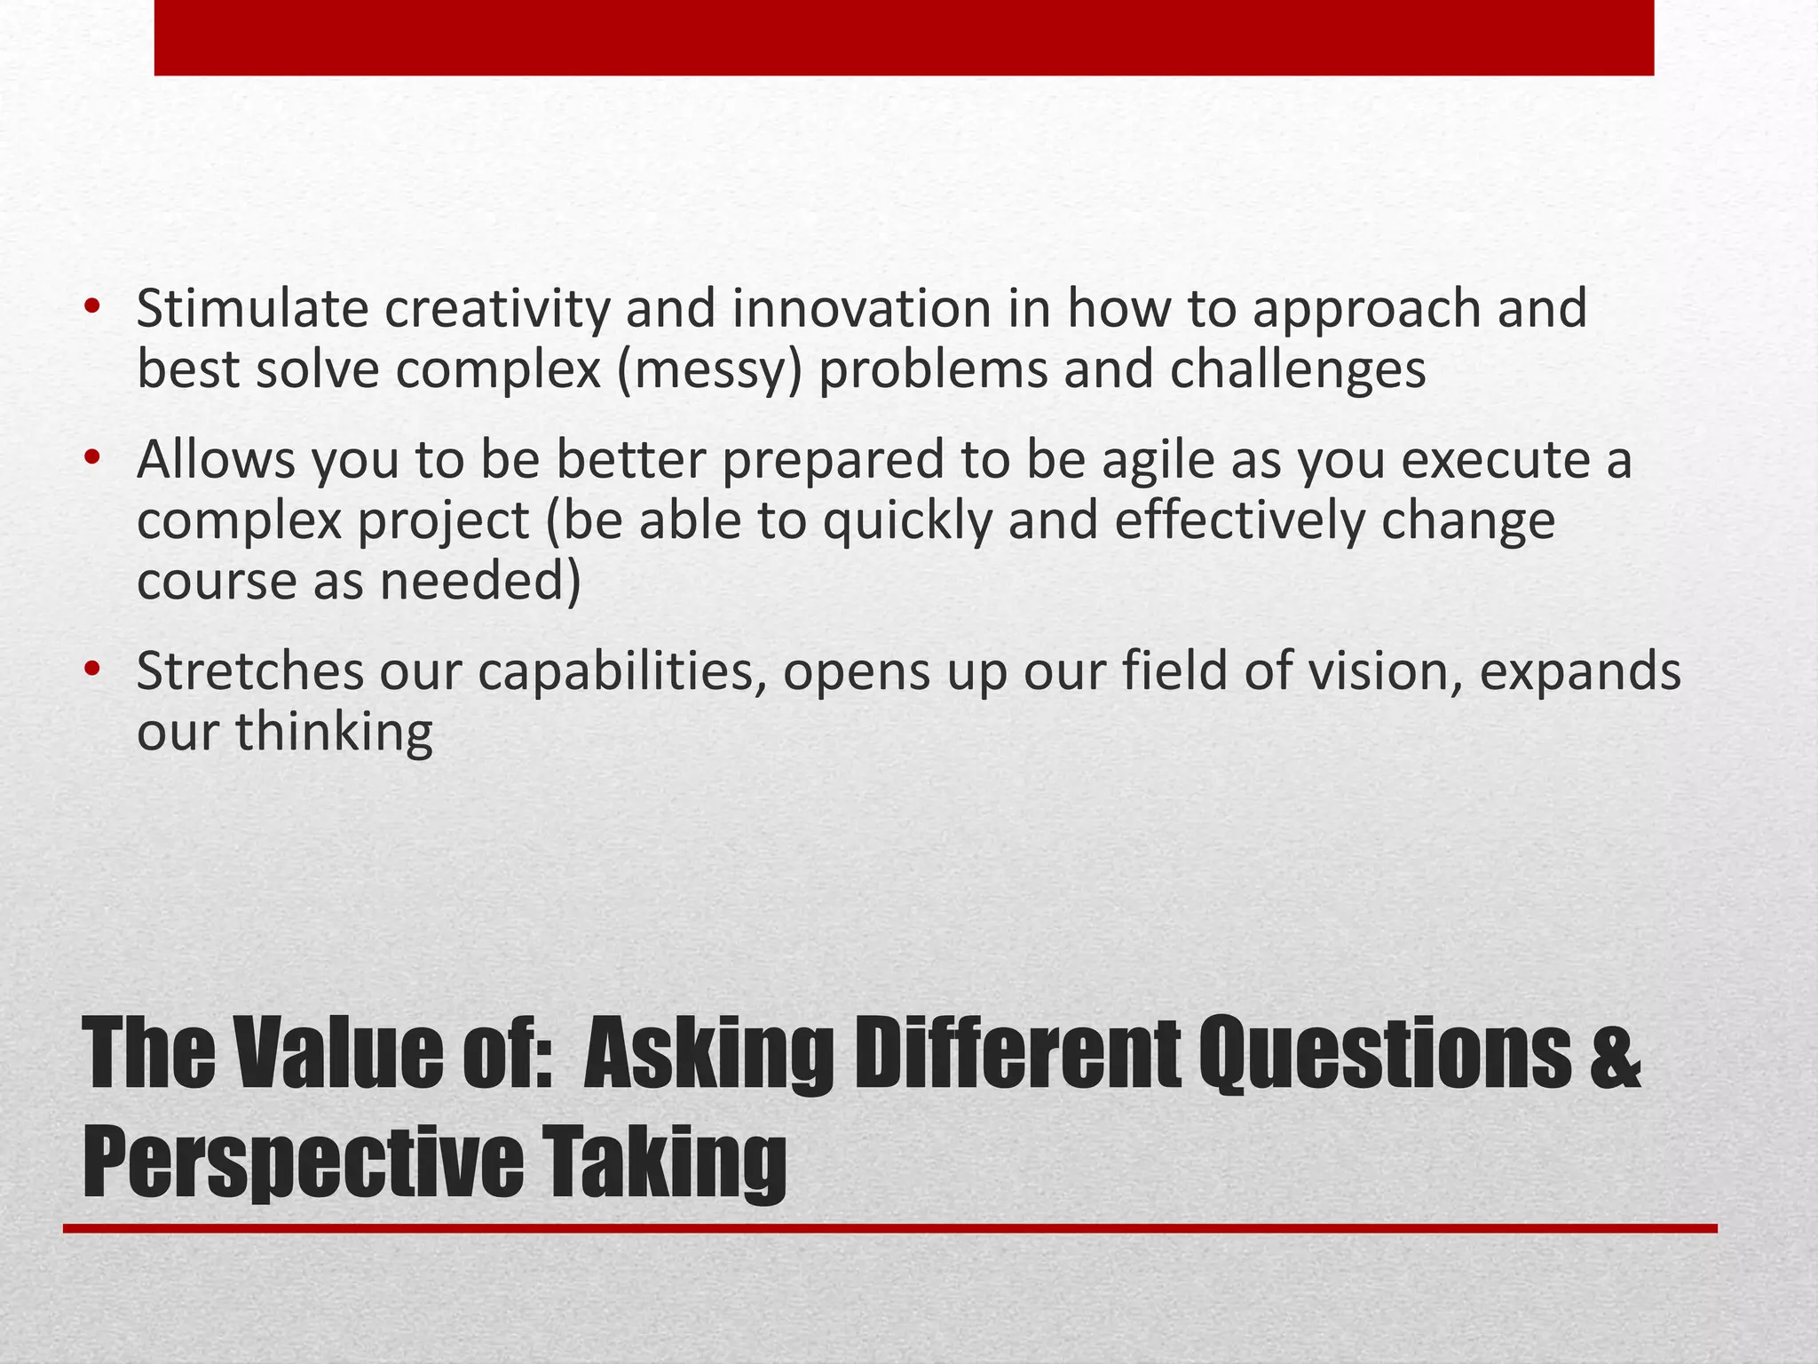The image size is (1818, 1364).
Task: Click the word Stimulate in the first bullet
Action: pyautogui.click(x=251, y=309)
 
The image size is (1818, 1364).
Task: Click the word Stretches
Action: pyautogui.click(x=250, y=671)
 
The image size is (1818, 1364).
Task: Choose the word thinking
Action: pyautogui.click(x=334, y=733)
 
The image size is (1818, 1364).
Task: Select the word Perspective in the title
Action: pyautogui.click(x=304, y=1161)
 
